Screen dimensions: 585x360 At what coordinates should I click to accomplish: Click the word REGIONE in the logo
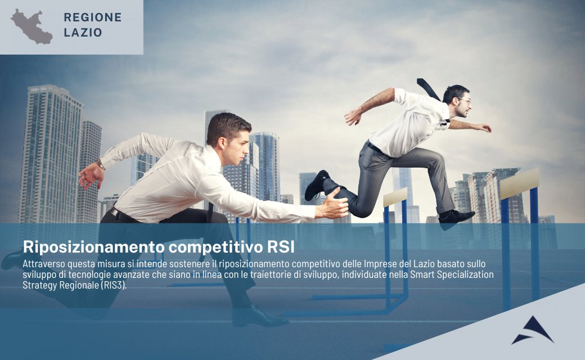pos(92,17)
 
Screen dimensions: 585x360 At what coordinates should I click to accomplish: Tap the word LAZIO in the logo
pos(83,33)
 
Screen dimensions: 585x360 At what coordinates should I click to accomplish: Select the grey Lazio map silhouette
pos(31,27)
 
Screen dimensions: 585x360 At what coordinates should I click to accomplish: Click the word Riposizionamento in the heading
pos(93,247)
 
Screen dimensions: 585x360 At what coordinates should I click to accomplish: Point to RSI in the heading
pos(281,246)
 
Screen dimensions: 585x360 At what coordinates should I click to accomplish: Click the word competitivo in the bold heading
pos(215,247)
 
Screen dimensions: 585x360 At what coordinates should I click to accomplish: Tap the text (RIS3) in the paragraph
pos(114,285)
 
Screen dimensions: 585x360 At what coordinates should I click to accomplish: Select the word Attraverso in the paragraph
pos(44,264)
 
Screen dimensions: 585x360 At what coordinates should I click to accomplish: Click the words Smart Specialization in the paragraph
pos(452,274)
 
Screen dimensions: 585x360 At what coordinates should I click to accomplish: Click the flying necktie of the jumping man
pos(428,89)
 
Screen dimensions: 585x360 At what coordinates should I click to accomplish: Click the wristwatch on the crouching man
pos(100,164)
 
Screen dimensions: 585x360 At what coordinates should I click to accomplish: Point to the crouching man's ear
pos(222,143)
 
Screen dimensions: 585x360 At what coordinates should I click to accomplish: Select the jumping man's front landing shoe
pos(456,218)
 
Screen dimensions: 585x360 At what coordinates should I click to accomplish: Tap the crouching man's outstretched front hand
pos(333,205)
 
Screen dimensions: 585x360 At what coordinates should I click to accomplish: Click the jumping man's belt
pos(374,147)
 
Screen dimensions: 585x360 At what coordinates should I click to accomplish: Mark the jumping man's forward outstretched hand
pos(483,128)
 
